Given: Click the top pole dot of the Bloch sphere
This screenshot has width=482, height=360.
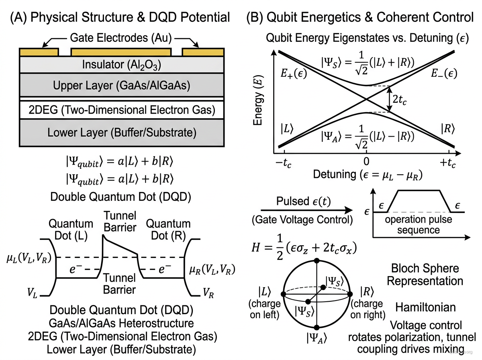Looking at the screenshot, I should (317, 261).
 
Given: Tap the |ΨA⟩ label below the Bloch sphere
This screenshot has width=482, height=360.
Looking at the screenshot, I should (317, 338).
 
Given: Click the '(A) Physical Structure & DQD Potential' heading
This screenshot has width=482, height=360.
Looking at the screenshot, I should (120, 17).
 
